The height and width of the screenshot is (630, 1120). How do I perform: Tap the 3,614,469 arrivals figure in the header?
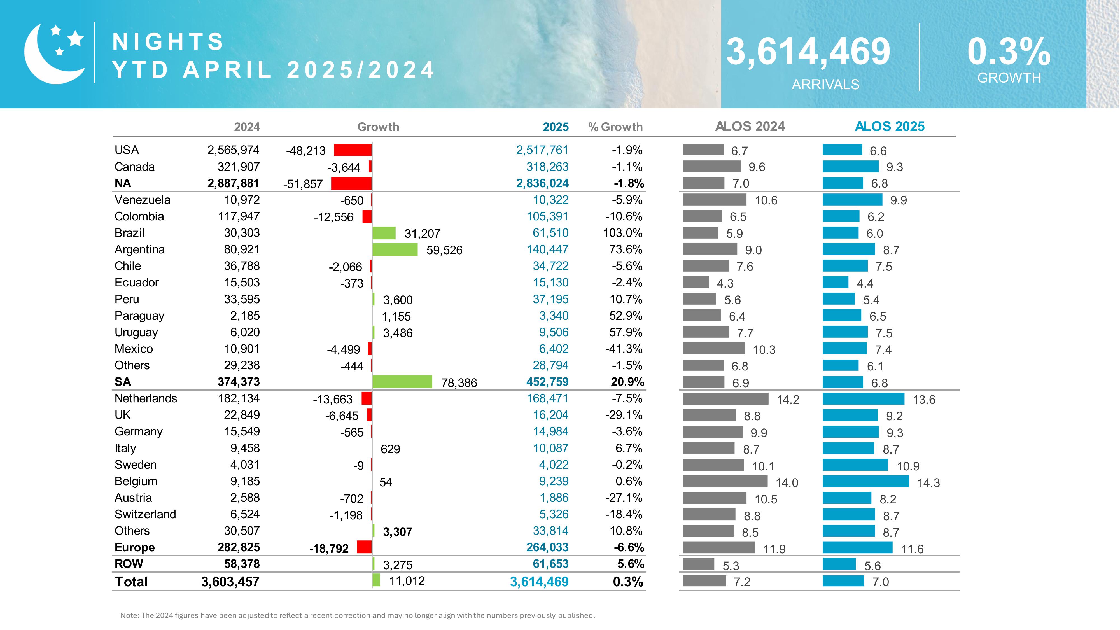[808, 52]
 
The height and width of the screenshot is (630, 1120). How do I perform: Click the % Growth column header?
[615, 127]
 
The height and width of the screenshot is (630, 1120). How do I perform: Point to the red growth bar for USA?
[353, 150]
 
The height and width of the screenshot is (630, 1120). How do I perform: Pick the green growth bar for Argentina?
[395, 249]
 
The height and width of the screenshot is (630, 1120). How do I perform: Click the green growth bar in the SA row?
[402, 382]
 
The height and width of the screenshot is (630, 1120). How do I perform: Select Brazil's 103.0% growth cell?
[623, 233]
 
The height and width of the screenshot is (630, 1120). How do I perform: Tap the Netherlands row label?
[146, 398]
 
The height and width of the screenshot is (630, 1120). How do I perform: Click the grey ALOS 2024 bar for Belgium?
[725, 481]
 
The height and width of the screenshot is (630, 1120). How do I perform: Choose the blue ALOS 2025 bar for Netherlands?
[863, 399]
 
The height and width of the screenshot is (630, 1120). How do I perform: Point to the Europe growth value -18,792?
[329, 548]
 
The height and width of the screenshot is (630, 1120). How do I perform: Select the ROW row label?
[129, 564]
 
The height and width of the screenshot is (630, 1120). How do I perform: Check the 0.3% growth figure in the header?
[1008, 52]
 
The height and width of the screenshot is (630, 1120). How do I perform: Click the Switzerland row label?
[145, 514]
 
